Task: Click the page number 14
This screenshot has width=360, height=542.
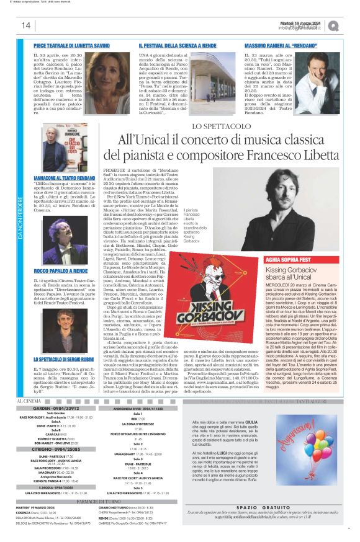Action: pyautogui.click(x=25, y=25)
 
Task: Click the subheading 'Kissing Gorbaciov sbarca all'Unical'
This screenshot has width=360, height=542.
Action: pyautogui.click(x=300, y=275)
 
